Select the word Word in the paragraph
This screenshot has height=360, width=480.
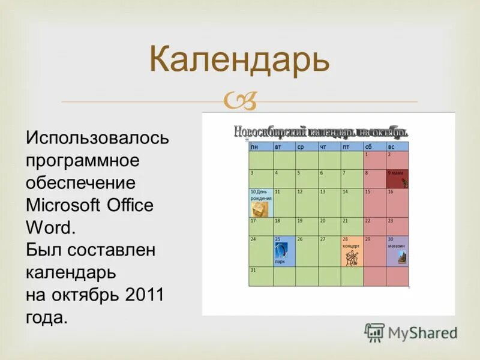click(x=50, y=227)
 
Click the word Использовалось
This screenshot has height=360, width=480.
click(x=97, y=139)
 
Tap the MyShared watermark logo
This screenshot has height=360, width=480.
click(x=411, y=332)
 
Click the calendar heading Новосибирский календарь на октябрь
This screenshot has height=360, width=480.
click(x=321, y=131)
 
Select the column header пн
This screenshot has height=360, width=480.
click(x=261, y=146)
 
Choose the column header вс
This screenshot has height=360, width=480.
click(x=397, y=146)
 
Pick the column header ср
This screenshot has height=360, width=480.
click(x=307, y=146)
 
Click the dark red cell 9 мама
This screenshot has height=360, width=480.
click(x=397, y=178)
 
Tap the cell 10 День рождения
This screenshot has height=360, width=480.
click(x=261, y=202)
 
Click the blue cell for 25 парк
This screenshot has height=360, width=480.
click(x=284, y=251)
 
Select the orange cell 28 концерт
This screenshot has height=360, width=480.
click(x=352, y=251)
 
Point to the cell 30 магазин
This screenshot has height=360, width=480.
click(x=397, y=251)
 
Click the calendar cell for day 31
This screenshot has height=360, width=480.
click(x=261, y=276)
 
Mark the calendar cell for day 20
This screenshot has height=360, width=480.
click(x=329, y=226)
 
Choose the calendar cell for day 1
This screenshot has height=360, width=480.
click(x=374, y=160)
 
